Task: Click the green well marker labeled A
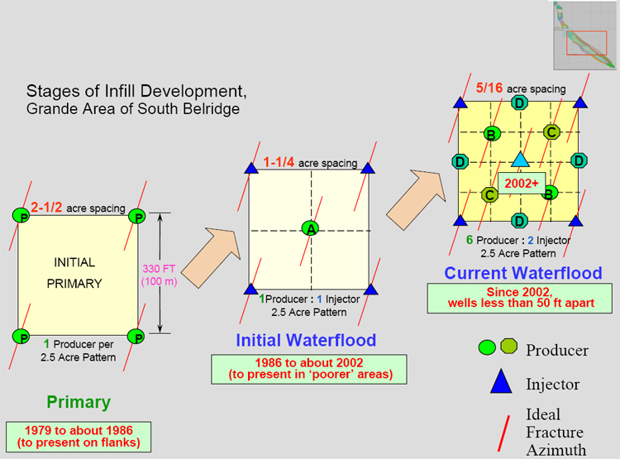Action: pyautogui.click(x=310, y=228)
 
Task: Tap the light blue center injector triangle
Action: pyautogui.click(x=520, y=160)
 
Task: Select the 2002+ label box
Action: pyautogui.click(x=522, y=184)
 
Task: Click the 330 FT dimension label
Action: pyautogui.click(x=159, y=269)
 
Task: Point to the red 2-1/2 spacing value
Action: pyautogui.click(x=46, y=207)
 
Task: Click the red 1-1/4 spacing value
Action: pyautogui.click(x=279, y=162)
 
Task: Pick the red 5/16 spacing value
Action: pyautogui.click(x=489, y=88)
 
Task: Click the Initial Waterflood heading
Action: pyautogui.click(x=306, y=340)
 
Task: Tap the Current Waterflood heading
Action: pyautogui.click(x=523, y=273)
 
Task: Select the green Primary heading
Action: pyautogui.click(x=79, y=403)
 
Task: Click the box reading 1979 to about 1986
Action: pyautogui.click(x=79, y=437)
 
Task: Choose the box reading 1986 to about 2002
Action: pyautogui.click(x=309, y=369)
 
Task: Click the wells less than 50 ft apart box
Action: pyautogui.click(x=520, y=298)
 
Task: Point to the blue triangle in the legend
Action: pyautogui.click(x=501, y=382)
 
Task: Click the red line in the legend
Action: pyautogui.click(x=503, y=433)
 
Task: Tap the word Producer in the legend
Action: pyautogui.click(x=556, y=350)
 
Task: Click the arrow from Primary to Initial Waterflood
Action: pyautogui.click(x=211, y=257)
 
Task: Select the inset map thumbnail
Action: pyautogui.click(x=584, y=36)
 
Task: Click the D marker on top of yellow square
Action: pyautogui.click(x=519, y=103)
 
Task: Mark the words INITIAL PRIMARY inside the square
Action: pyautogui.click(x=74, y=273)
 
